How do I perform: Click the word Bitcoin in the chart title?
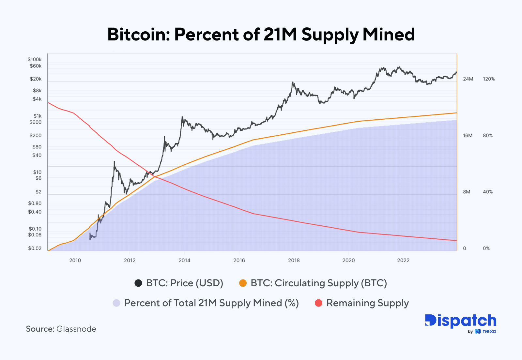pos(137,34)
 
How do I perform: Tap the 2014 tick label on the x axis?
pos(184,260)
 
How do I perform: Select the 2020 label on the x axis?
pos(348,260)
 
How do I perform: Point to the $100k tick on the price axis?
pos(35,59)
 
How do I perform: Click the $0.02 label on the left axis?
pos(35,248)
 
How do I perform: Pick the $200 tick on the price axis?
pos(36,136)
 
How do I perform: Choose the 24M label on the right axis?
pos(468,79)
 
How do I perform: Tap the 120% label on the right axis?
pos(489,79)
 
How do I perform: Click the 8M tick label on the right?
pos(467,192)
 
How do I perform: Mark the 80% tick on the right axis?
pos(488,136)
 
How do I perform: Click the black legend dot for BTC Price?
pos(138,283)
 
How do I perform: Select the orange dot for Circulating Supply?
pos(243,283)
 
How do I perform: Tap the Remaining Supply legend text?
pos(367,303)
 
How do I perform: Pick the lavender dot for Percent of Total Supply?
pos(116,303)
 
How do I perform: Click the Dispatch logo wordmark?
pos(460,321)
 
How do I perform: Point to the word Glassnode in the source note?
pos(76,329)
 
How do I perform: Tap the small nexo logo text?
pos(489,331)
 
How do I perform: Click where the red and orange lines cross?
pos(154,177)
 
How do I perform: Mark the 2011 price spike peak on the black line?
pos(114,161)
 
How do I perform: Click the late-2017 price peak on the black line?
pos(293,82)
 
